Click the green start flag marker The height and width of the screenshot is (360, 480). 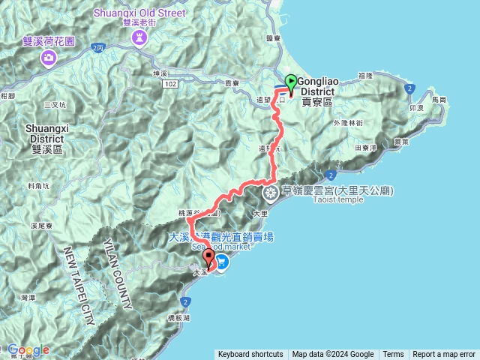coord(291,82)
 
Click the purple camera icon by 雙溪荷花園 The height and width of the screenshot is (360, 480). coord(49,58)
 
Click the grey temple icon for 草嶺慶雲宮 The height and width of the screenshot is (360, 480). coord(270,193)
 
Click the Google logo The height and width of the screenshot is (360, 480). coord(28,349)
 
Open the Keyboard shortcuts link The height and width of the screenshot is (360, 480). coord(250,355)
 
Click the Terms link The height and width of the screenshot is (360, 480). coord(392,355)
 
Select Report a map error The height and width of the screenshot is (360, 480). coord(444,355)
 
